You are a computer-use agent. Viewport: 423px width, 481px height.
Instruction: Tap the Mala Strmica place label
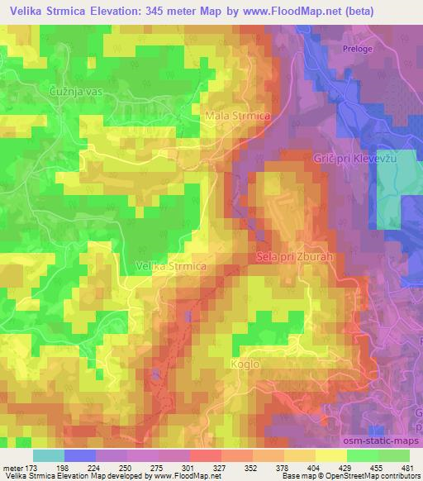(237, 117)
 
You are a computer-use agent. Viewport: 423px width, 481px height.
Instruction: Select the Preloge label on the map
(359, 50)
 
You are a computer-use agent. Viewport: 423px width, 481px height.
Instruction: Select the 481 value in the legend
(405, 467)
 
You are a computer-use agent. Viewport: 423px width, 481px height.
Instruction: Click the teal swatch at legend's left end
(48, 455)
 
